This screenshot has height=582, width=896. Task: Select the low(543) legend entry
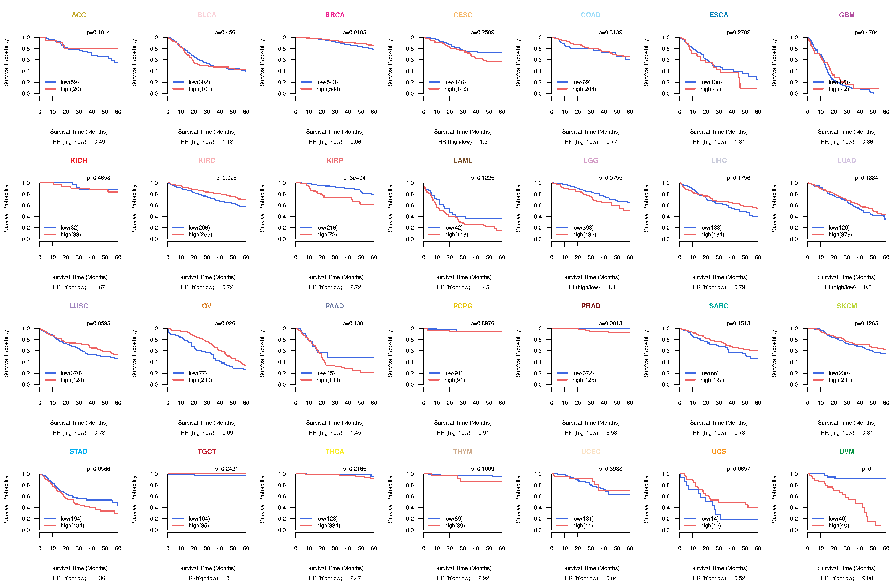click(x=327, y=82)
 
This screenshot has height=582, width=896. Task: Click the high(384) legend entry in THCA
click(x=328, y=526)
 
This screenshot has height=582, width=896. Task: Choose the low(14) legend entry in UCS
click(x=709, y=519)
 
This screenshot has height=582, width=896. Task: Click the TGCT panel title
click(x=207, y=451)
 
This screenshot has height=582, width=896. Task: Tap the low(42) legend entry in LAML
click(x=453, y=228)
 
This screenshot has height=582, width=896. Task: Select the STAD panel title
click(x=78, y=451)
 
